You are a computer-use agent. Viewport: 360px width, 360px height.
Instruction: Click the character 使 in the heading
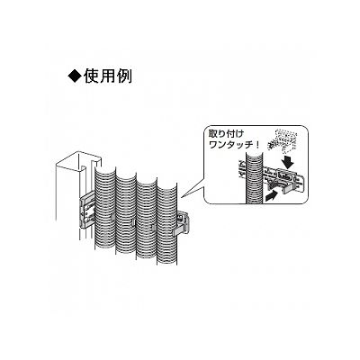pyautogui.click(x=91, y=76)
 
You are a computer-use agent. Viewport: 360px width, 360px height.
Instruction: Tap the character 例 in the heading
pyautogui.click(x=124, y=76)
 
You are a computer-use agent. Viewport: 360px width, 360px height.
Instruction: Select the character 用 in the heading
pyautogui.click(x=107, y=76)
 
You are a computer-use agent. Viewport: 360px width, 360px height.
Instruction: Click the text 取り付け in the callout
pyautogui.click(x=227, y=134)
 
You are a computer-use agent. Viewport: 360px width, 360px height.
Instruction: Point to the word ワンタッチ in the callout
pyautogui.click(x=231, y=145)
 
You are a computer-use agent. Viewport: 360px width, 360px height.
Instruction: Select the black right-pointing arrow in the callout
pyautogui.click(x=272, y=196)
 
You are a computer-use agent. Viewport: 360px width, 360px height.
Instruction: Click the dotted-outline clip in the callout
pyautogui.click(x=281, y=139)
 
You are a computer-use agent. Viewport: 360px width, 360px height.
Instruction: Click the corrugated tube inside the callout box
pyautogui.click(x=254, y=177)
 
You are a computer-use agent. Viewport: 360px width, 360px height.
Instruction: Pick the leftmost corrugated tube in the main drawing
pyautogui.click(x=105, y=210)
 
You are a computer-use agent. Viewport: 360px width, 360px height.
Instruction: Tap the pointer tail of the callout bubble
pyautogui.click(x=193, y=189)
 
